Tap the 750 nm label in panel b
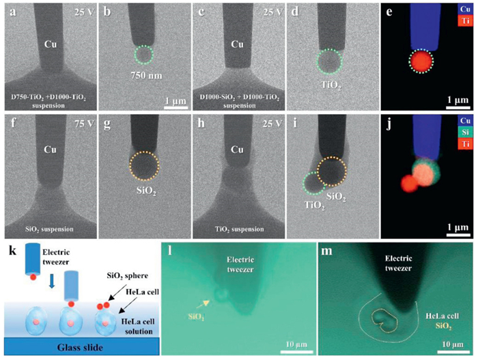click(x=143, y=77)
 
